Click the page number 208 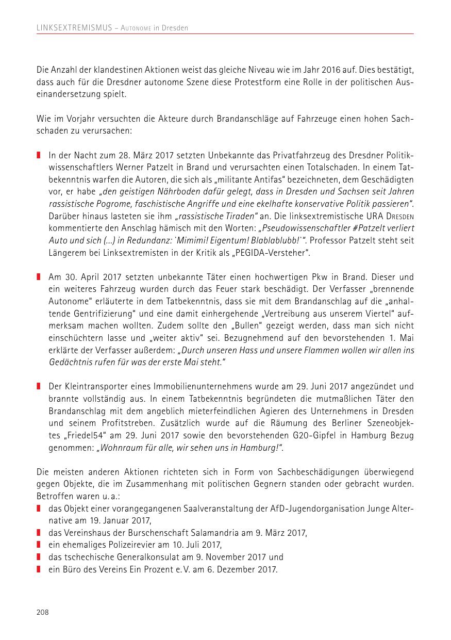pos(42,612)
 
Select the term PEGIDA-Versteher pos(281,252)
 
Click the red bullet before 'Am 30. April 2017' pos(39,277)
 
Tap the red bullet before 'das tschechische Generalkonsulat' pos(39,557)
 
